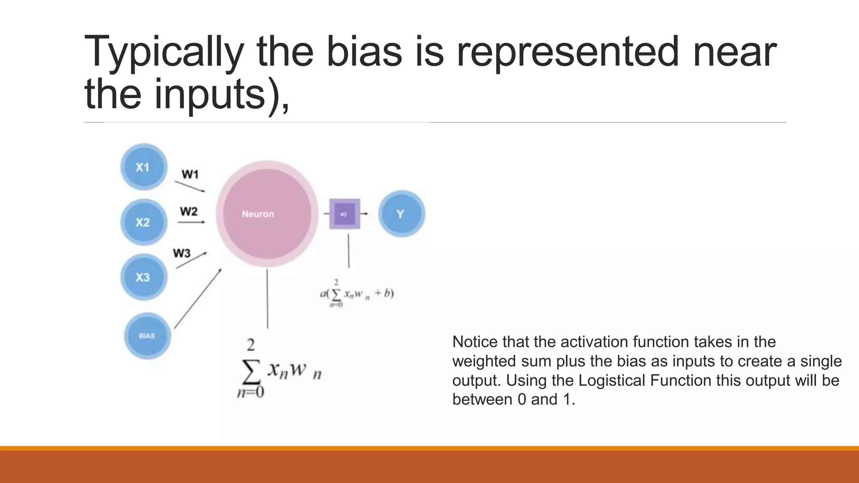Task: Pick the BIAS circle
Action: point(147,335)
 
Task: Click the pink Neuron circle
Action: point(267,214)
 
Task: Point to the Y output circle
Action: point(401,214)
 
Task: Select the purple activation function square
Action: point(345,214)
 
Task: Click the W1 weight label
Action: point(190,174)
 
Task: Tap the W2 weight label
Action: point(189,211)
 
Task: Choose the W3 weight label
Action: point(182,253)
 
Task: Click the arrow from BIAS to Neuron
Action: point(198,299)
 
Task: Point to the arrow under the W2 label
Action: point(191,222)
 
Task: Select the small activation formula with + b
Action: point(357,293)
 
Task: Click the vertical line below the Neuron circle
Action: point(267,299)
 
